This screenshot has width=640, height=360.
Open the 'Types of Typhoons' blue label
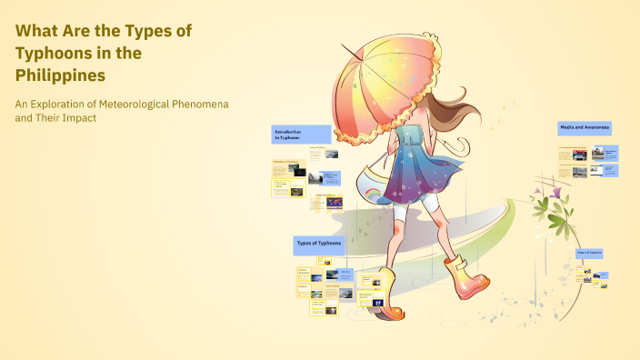(319, 245)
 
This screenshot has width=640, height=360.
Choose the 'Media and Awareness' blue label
(585, 128)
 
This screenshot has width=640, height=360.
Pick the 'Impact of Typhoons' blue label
(589, 253)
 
